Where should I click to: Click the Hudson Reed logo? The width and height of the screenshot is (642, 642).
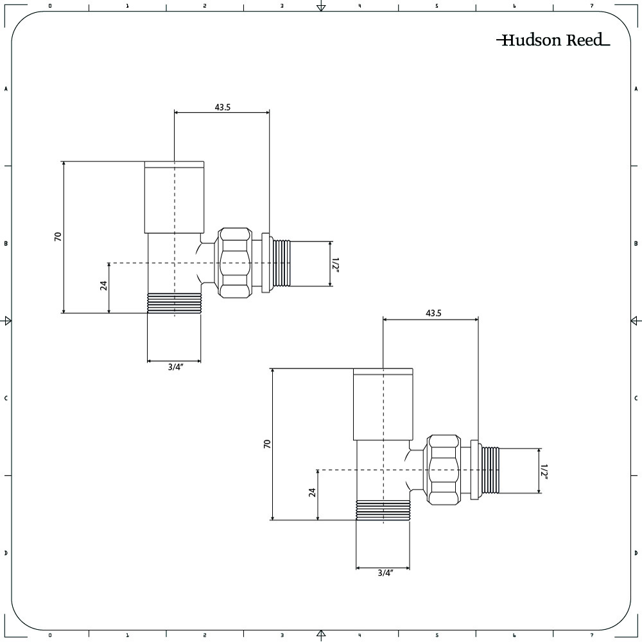coord(553,40)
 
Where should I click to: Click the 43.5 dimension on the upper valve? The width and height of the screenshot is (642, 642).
coord(222,107)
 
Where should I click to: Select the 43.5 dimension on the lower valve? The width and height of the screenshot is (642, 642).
coord(433,313)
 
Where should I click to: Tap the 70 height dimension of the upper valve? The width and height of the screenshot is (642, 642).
coord(58,236)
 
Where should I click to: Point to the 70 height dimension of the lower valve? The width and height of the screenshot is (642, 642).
coord(267,444)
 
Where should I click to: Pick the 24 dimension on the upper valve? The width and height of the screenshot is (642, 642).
coord(103,286)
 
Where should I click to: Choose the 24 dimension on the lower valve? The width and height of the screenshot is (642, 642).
coord(313,492)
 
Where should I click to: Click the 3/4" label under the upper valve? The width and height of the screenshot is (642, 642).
coord(175,367)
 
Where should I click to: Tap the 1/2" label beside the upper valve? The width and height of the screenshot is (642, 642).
coord(335,264)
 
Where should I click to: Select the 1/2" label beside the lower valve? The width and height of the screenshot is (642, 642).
coord(544,471)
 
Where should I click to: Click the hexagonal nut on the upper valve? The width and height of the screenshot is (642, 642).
coord(233,263)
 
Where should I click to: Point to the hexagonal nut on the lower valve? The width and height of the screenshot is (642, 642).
coord(443,470)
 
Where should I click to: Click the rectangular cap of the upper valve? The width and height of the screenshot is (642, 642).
coord(174,196)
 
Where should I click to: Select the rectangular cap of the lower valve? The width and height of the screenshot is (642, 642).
coord(383,404)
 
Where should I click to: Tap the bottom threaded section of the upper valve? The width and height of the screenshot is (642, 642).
coord(174,304)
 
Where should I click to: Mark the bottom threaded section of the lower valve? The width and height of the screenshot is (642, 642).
coord(383,511)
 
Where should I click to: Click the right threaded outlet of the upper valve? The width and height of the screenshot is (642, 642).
coord(282,263)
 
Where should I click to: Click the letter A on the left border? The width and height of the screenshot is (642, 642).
coord(6,89)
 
